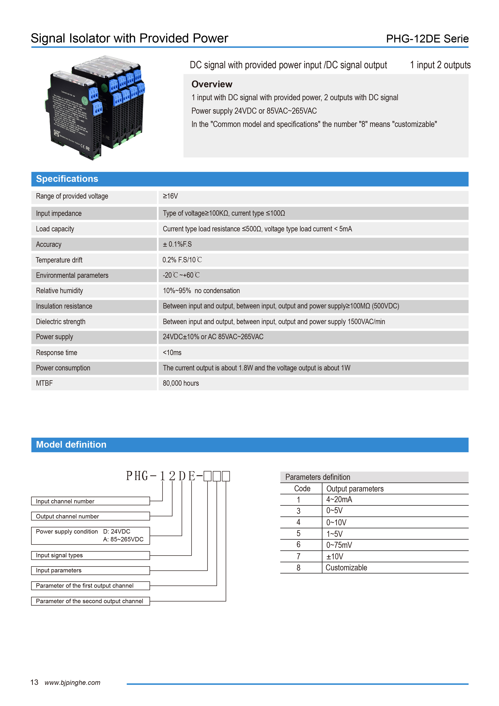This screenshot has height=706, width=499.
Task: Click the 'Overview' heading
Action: [212, 84]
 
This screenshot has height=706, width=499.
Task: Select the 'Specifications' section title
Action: [67, 179]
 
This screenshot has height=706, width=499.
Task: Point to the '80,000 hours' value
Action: [181, 383]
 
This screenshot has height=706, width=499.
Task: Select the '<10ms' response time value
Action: [172, 353]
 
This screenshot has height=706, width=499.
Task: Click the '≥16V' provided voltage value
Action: [170, 196]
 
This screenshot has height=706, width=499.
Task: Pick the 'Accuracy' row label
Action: [49, 244]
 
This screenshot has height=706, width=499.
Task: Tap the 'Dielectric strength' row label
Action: [61, 322]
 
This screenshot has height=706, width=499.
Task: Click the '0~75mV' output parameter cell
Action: [339, 545]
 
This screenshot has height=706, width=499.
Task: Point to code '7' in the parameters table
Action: [298, 557]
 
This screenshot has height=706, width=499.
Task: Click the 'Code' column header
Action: [302, 489]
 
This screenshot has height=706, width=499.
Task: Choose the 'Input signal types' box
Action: [90, 555]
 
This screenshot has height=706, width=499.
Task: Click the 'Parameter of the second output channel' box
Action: [90, 601]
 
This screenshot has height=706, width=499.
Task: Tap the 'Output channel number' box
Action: [90, 516]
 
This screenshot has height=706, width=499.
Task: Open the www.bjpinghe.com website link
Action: [73, 683]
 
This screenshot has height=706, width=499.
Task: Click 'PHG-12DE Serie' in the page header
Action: [427, 39]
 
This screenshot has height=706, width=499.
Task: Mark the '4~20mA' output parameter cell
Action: [339, 500]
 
